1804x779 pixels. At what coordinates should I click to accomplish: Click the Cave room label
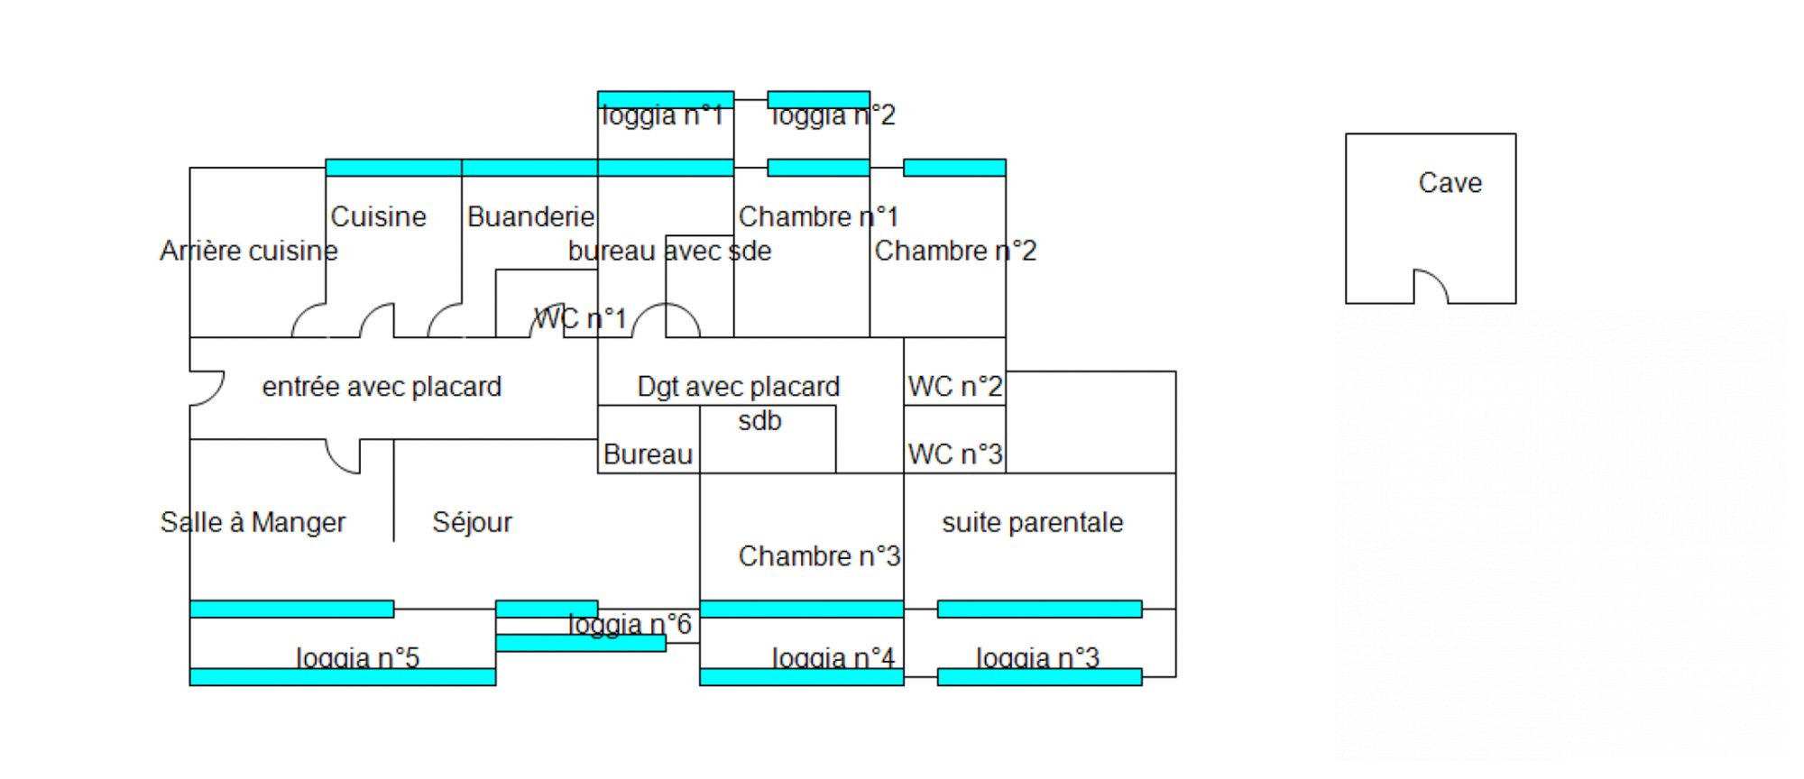point(1450,183)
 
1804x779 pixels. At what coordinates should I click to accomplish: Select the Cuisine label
point(378,217)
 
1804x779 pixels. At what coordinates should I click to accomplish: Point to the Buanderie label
point(530,217)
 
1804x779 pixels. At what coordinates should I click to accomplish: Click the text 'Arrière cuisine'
point(248,251)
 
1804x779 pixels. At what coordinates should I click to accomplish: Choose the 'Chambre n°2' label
point(955,251)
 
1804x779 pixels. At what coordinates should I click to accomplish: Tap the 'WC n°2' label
point(954,387)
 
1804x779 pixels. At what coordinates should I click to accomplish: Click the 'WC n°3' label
point(954,454)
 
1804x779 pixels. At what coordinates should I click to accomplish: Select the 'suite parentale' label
point(1032,523)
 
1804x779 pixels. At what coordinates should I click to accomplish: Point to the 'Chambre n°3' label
point(819,556)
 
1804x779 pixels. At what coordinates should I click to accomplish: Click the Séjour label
point(472,523)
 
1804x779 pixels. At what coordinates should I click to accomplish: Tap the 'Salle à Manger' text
point(253,523)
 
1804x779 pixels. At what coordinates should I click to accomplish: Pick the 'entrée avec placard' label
point(382,387)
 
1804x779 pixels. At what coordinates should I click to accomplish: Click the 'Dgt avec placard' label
point(738,387)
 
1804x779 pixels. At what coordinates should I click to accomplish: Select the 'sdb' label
point(759,421)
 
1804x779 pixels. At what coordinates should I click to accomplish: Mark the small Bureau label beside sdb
point(648,454)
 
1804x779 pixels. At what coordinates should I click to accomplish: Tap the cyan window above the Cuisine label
point(393,168)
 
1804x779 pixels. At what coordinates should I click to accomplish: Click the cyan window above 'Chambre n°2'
point(954,168)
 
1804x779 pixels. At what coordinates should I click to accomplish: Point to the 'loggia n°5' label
point(358,658)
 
